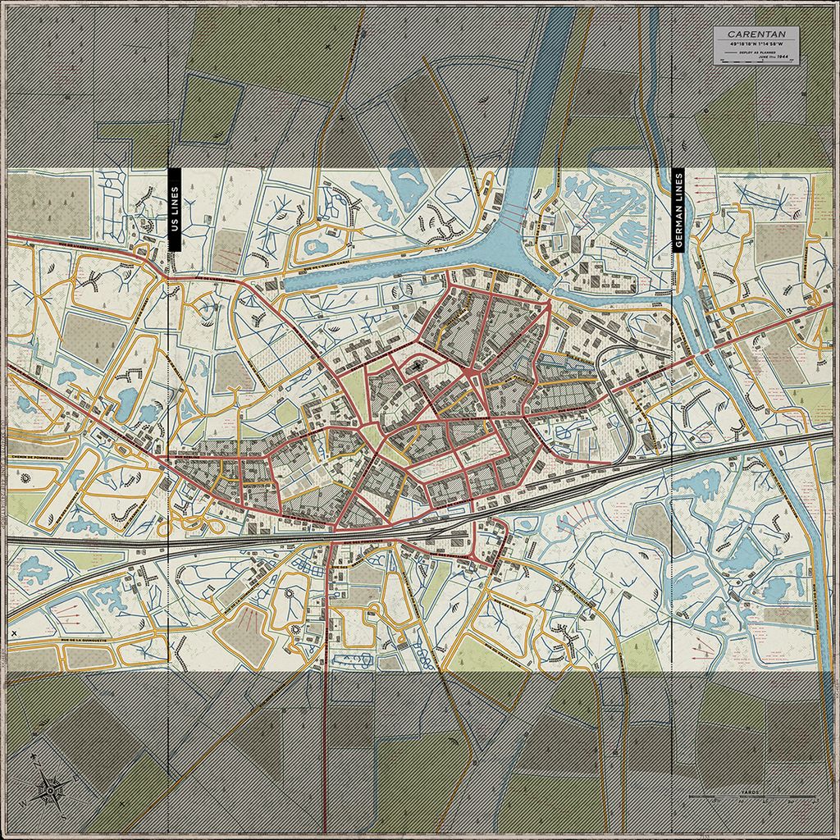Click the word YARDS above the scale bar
tap(747, 792)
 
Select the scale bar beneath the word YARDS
tap(747, 798)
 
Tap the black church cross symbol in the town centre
tap(418, 367)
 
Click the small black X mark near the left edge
tap(15, 632)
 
